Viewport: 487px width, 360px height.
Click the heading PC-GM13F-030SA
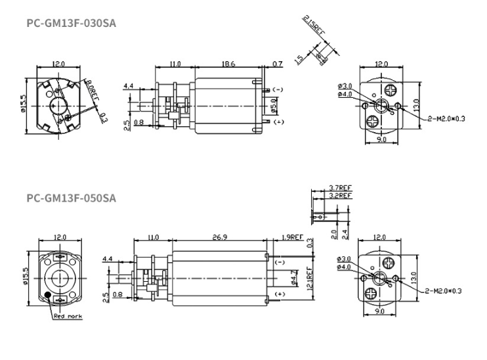point(72,24)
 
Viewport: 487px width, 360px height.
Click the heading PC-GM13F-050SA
point(72,198)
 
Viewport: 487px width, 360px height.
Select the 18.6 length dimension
point(228,64)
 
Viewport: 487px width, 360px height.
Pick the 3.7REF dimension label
point(341,188)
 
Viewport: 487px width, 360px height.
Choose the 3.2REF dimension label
point(341,195)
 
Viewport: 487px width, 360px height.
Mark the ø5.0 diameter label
point(274,105)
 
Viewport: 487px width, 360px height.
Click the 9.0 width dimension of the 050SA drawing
point(379,311)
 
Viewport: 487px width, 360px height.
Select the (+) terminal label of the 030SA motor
point(278,122)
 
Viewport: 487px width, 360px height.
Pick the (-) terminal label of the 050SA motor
point(278,262)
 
